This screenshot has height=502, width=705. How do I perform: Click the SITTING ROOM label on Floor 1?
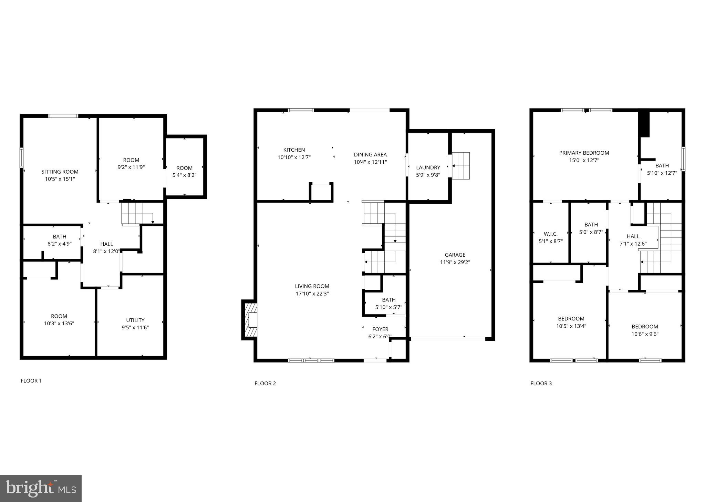tap(60, 172)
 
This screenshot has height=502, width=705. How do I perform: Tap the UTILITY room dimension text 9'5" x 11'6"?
tap(135, 328)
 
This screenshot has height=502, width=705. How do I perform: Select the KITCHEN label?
tap(294, 150)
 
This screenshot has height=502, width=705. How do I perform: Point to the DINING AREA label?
tap(370, 155)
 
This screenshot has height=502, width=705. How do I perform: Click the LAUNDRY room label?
tap(428, 167)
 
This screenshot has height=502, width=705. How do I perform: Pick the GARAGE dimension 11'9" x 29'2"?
tap(455, 262)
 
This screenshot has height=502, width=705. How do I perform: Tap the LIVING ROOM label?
tap(312, 286)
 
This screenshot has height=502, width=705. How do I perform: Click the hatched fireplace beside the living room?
tap(250, 320)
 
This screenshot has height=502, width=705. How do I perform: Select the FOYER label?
tap(380, 329)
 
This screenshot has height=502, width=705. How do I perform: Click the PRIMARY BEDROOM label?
tap(584, 153)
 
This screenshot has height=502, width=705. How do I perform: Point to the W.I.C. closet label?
tap(550, 234)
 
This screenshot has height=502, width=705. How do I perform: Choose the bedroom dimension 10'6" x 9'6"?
tap(645, 334)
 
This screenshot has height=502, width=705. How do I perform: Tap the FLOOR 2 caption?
tap(265, 383)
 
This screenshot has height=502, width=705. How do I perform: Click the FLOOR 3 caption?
tap(541, 383)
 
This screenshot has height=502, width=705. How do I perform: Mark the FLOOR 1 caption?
tap(31, 381)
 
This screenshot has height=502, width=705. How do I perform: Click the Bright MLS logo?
tap(41, 489)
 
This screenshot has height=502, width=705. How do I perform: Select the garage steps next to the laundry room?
tap(461, 166)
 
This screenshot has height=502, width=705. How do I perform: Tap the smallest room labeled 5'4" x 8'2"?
tap(184, 172)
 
